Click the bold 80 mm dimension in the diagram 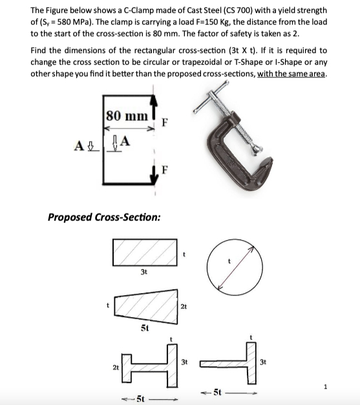[x=127, y=116]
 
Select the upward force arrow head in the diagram [x=154, y=100]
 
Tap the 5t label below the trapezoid [x=145, y=329]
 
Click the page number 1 [x=344, y=388]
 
